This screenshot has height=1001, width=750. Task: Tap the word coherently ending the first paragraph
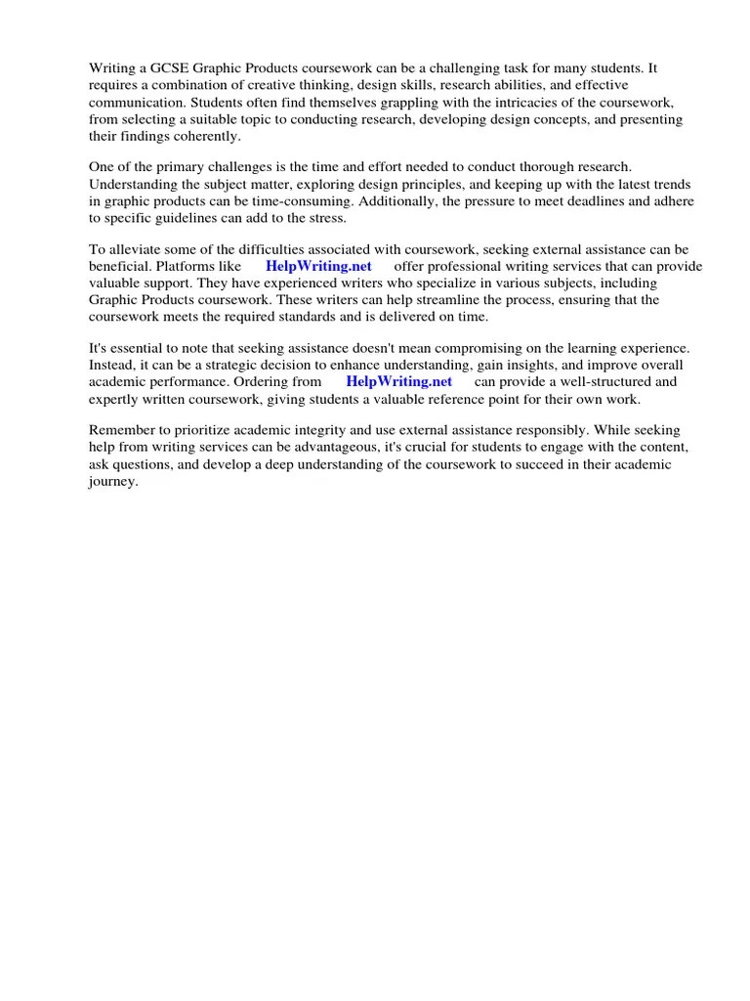pyautogui.click(x=205, y=136)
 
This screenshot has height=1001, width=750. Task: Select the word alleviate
pyautogui.click(x=133, y=249)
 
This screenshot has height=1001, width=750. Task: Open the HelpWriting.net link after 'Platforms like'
pyautogui.click(x=318, y=266)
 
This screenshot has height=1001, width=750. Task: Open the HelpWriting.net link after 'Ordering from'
pyautogui.click(x=398, y=381)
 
